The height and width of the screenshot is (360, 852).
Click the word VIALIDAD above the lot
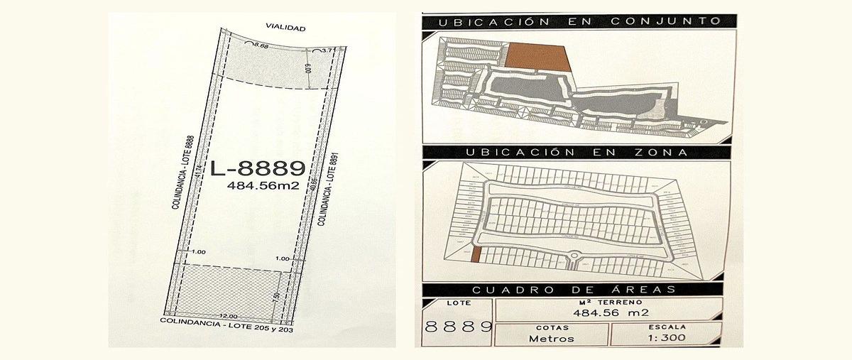tap(285, 28)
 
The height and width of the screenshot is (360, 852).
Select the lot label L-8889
tap(258, 168)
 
